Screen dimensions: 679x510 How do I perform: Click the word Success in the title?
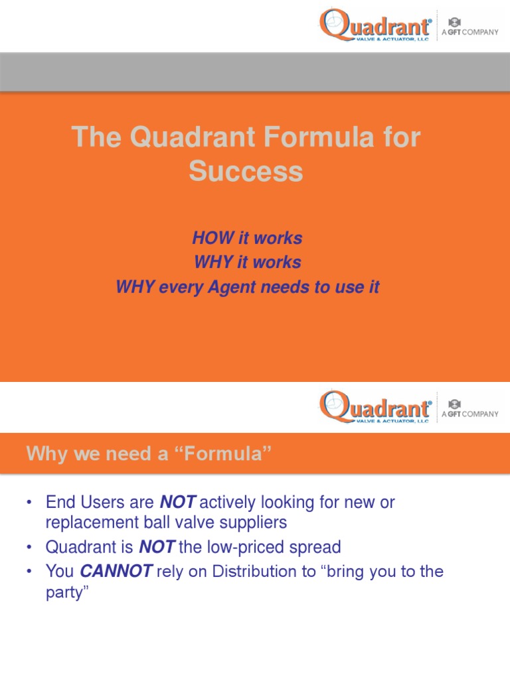click(x=246, y=172)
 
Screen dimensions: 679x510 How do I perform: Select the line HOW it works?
click(x=247, y=238)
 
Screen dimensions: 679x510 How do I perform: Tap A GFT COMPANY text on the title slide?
click(x=469, y=32)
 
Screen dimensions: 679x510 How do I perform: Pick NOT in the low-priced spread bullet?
click(x=157, y=547)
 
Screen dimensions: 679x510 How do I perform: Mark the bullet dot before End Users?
click(x=29, y=503)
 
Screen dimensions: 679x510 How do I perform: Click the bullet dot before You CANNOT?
click(x=29, y=572)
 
